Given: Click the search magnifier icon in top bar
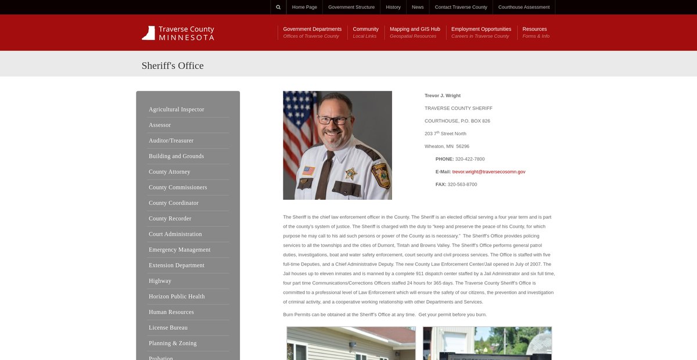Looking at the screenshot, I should pos(278,7).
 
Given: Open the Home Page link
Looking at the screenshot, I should pos(304,7).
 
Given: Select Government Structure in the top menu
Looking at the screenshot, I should pos(351,7).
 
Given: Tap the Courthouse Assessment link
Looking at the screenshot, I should pos(523,7).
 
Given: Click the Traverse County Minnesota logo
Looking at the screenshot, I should pos(178,33).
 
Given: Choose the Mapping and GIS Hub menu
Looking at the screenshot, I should pos(415,29).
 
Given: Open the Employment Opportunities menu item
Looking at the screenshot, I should pos(481,29).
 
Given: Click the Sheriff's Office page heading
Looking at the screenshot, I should pos(173,66).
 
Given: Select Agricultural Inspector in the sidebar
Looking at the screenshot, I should pos(176,109).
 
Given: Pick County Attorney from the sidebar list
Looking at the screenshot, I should pos(169,172).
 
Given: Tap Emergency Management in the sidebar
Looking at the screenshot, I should pos(179,250).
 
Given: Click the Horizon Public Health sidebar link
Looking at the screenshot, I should pos(177,296).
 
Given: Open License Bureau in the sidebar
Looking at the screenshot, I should pos(168,327).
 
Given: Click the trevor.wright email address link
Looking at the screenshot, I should pos(488,172).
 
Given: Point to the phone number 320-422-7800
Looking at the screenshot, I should pos(470,159).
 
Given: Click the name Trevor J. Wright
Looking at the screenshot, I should pos(443,95).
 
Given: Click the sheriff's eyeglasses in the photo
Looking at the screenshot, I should pos(334,121).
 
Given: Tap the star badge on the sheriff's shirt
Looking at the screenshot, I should pos(350,173).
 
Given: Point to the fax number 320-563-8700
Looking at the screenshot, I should pos(462,185).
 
